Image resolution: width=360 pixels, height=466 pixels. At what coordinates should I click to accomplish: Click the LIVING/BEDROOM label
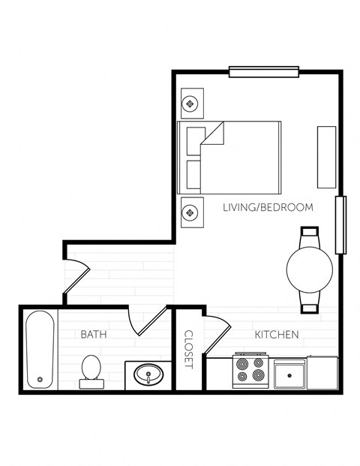(x=268, y=207)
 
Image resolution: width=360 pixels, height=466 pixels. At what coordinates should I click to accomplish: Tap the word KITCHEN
(x=277, y=334)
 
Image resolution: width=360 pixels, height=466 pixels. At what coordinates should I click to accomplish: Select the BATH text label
(x=93, y=334)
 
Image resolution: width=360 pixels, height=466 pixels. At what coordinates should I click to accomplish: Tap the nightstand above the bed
(x=190, y=104)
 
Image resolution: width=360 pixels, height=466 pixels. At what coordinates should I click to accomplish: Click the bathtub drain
(x=40, y=379)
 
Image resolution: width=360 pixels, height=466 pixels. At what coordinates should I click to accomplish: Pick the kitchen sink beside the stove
(x=289, y=373)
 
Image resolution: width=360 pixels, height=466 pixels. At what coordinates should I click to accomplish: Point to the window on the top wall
(x=264, y=73)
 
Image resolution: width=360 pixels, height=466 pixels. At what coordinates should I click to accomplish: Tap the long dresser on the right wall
(x=326, y=157)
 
